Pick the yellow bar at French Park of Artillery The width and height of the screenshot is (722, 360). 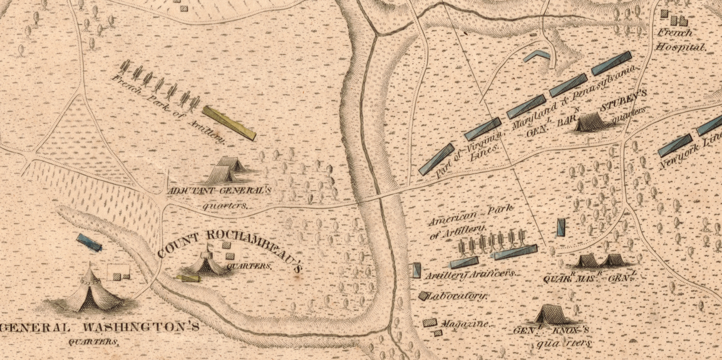[x=230, y=122]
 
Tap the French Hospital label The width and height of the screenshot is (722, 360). [x=680, y=39]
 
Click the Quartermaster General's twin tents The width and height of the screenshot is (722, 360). [x=600, y=260]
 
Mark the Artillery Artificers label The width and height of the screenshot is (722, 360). [x=470, y=274]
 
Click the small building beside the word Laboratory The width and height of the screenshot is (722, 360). [x=424, y=296]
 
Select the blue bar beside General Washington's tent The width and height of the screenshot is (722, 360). [x=89, y=242]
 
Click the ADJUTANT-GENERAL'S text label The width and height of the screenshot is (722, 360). [x=219, y=190]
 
